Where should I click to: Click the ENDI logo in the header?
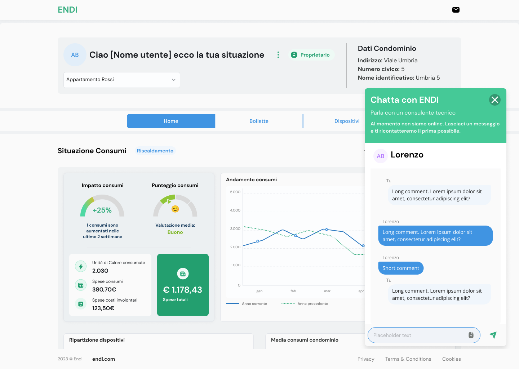coord(67,10)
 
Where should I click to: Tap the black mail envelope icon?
coord(456,10)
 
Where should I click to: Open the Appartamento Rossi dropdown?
coord(122,80)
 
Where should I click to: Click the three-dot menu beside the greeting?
coord(278,55)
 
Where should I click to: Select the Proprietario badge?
coord(310,55)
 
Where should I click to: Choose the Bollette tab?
coord(259,121)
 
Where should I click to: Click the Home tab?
coord(171,121)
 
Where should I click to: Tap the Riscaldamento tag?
coord(155,151)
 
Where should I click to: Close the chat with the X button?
coord(494,100)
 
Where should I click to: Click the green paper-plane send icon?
coord(493,335)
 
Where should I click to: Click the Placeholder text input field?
coord(417,335)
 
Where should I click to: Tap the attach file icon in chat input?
coord(471,335)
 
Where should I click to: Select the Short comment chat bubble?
coord(401,268)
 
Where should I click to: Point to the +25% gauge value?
coord(102,210)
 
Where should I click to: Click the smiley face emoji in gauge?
coord(175,209)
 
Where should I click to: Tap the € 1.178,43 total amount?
coord(183,290)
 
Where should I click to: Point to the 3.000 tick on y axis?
coord(235,228)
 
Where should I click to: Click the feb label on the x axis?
coord(293,291)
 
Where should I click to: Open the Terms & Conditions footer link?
coord(408,359)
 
